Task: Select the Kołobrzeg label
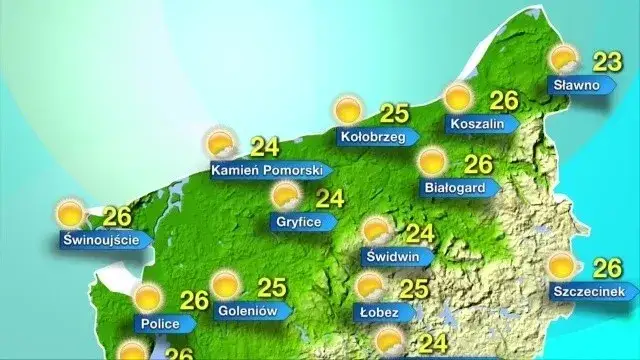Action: coord(372,137)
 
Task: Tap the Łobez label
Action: coord(378,313)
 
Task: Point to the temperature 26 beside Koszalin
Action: coord(504,100)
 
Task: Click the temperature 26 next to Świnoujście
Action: coord(118,216)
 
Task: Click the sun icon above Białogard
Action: coord(433,161)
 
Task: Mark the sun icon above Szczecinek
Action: coord(564,266)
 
